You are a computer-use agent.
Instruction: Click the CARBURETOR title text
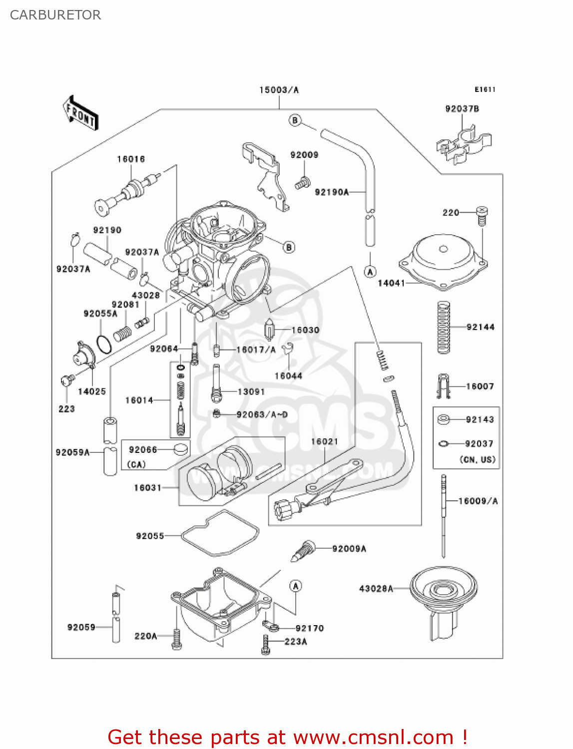(55, 15)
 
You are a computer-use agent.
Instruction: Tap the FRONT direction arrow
(80, 113)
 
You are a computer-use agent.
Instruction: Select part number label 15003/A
(279, 90)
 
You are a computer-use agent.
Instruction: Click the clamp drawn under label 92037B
(464, 145)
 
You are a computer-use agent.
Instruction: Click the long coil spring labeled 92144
(443, 327)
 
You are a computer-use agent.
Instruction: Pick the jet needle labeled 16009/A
(443, 514)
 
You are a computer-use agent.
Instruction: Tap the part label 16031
(147, 487)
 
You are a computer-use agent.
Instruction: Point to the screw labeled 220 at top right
(482, 215)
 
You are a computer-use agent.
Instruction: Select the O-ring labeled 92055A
(104, 344)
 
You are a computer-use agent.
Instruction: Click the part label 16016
(131, 159)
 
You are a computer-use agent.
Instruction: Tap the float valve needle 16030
(270, 330)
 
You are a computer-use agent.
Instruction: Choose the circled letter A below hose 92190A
(370, 272)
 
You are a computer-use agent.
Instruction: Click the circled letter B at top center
(295, 120)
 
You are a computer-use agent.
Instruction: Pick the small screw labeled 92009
(302, 183)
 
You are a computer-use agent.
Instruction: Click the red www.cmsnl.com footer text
(287, 737)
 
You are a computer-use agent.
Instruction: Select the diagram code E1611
(485, 89)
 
